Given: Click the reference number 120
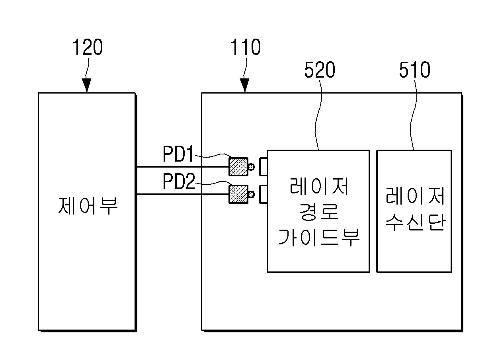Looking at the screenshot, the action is (x=88, y=47).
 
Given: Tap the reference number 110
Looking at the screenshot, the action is (x=246, y=47).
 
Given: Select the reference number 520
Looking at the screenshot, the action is (x=320, y=70).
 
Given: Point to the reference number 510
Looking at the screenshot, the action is (x=415, y=70).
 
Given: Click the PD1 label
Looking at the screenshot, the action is (x=178, y=154).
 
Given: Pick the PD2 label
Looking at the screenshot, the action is (x=179, y=181).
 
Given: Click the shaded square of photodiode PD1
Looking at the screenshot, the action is (x=238, y=167).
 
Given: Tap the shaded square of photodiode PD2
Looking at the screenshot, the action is (x=238, y=194).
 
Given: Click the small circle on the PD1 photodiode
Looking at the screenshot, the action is (x=251, y=167).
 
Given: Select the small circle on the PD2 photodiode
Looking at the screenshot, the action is (x=251, y=195).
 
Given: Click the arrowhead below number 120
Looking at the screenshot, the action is (x=87, y=85).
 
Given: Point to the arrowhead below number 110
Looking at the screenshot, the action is (x=245, y=85).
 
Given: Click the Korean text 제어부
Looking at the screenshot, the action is (x=88, y=205).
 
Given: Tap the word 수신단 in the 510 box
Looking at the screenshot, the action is (x=415, y=222).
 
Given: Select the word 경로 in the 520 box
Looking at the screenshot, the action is (x=319, y=211).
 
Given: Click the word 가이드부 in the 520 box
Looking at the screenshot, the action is (x=319, y=237).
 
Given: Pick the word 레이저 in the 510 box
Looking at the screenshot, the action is (x=415, y=195).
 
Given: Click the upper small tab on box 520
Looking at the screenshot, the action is (x=264, y=167).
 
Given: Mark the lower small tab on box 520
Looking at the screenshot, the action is (x=264, y=194).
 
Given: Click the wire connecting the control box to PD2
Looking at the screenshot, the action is (x=182, y=194).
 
